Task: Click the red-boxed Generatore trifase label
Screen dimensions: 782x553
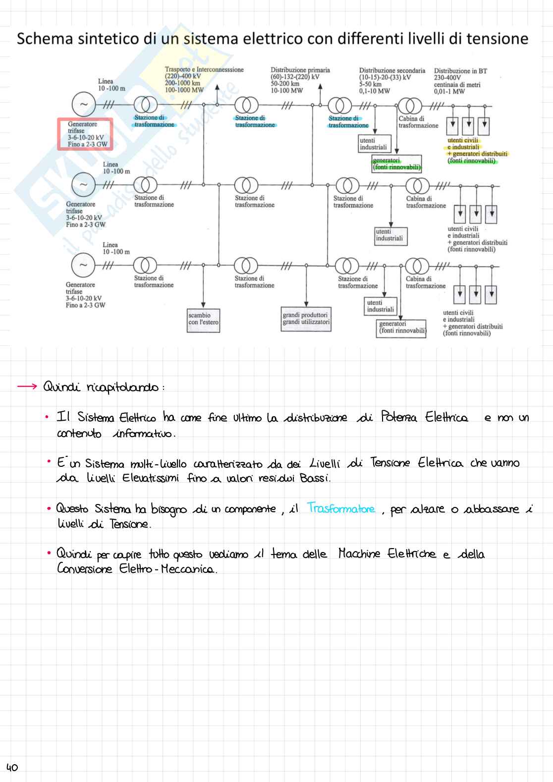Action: point(85,134)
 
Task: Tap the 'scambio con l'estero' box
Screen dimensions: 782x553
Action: point(203,319)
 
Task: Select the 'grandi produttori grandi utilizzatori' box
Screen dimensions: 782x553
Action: point(306,319)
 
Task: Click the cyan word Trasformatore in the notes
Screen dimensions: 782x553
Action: point(341,508)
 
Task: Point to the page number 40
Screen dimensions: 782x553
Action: point(12,767)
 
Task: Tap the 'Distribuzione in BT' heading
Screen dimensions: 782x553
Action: point(460,71)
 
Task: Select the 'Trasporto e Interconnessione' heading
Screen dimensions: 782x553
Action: point(204,70)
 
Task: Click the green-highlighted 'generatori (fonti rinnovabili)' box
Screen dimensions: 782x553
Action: point(396,164)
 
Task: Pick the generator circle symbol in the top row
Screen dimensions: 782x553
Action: point(83,104)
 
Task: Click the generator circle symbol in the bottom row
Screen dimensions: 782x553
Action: point(83,265)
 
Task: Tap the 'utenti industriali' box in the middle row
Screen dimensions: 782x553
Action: point(389,235)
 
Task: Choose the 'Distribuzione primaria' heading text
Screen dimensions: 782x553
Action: point(300,70)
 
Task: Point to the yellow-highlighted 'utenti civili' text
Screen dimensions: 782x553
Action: point(463,140)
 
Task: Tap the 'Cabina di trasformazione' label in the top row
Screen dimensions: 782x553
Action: point(418,122)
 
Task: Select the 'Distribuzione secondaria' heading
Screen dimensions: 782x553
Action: point(392,71)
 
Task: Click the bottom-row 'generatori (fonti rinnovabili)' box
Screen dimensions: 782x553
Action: point(402,327)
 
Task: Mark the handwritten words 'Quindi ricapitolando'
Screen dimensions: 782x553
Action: point(101,387)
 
